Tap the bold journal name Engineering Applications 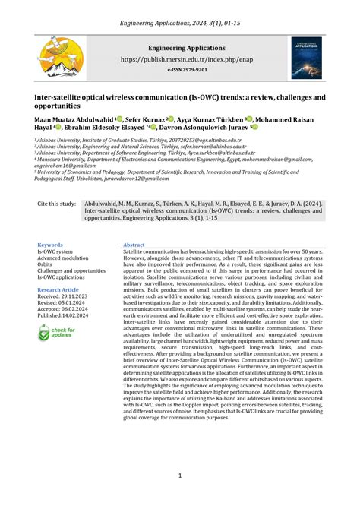pos(180,47)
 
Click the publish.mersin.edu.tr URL pos(180,58)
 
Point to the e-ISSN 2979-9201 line pos(180,69)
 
